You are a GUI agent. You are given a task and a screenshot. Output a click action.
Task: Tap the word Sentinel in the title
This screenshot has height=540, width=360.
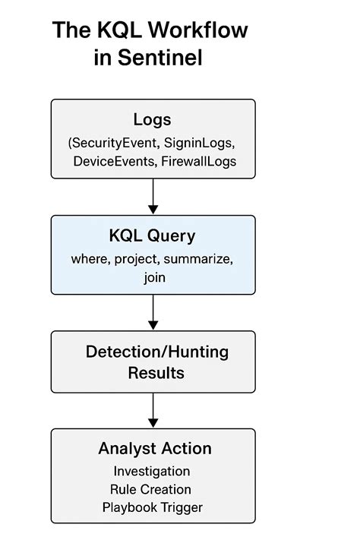(x=159, y=58)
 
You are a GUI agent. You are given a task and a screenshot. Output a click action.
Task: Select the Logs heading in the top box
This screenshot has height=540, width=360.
(x=153, y=119)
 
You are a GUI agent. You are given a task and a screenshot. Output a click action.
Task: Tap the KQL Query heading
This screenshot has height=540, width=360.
(x=153, y=235)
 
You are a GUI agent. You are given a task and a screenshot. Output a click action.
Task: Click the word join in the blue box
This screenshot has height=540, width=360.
(x=153, y=278)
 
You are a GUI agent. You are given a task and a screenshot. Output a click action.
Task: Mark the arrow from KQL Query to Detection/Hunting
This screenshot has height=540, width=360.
(x=153, y=312)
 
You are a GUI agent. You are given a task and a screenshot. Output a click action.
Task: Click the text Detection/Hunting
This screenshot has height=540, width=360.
(x=156, y=352)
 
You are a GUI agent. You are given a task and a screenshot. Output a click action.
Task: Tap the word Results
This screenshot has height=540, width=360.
(x=156, y=373)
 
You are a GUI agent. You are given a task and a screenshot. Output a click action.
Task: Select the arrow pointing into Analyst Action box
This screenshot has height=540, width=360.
(x=153, y=410)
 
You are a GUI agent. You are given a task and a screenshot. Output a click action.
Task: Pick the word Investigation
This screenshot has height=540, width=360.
(x=153, y=471)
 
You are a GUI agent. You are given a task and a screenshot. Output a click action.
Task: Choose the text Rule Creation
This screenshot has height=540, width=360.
(x=153, y=489)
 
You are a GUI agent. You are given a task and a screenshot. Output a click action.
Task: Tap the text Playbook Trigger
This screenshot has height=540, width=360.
(x=153, y=507)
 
